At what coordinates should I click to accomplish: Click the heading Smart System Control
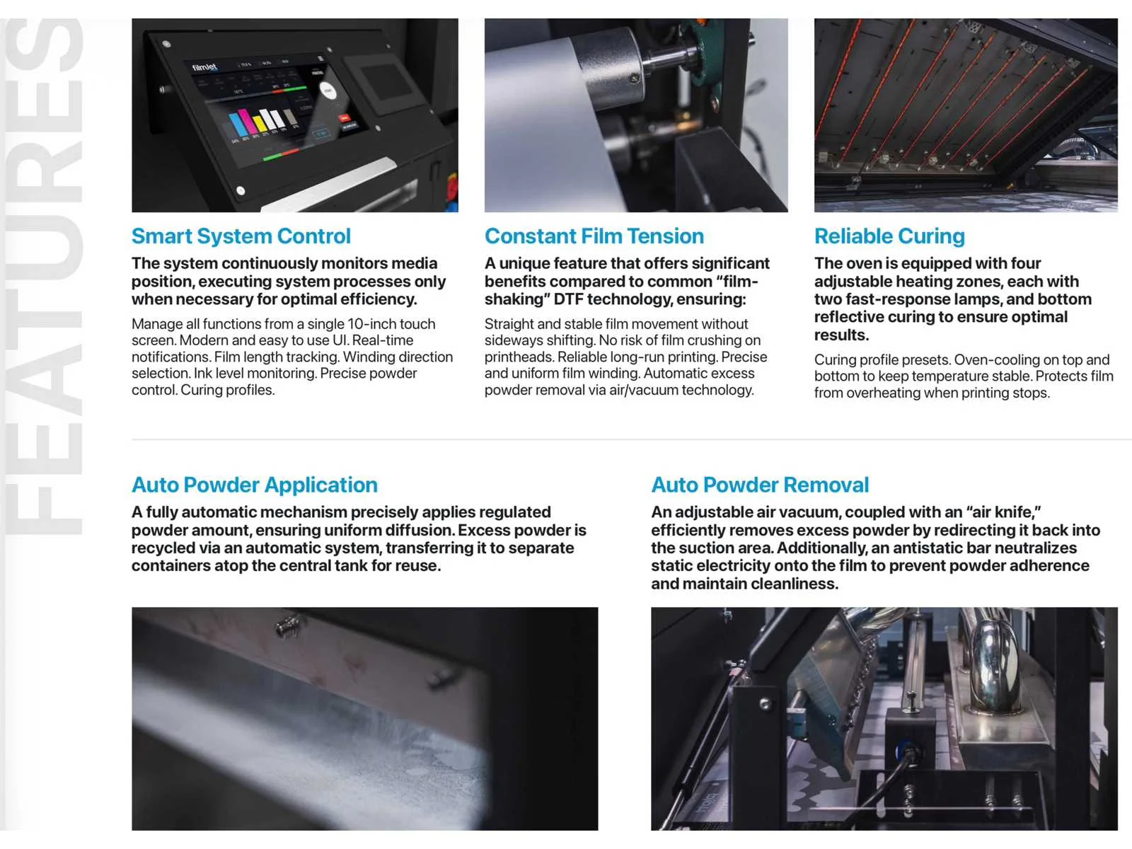[241, 236]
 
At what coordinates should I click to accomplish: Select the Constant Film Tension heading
[594, 236]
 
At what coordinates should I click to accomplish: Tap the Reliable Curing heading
[889, 236]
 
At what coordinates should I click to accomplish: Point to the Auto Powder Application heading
[255, 485]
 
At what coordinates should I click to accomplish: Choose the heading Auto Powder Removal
[760, 485]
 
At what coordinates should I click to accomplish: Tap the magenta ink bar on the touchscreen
[247, 121]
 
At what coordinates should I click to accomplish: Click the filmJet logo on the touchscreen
[204, 67]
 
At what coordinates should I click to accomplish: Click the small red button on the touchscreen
[344, 119]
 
